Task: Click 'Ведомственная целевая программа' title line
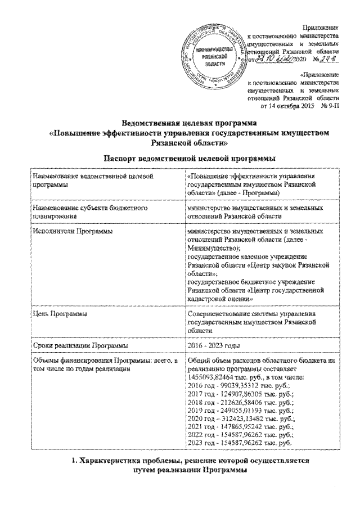tap(180, 122)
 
